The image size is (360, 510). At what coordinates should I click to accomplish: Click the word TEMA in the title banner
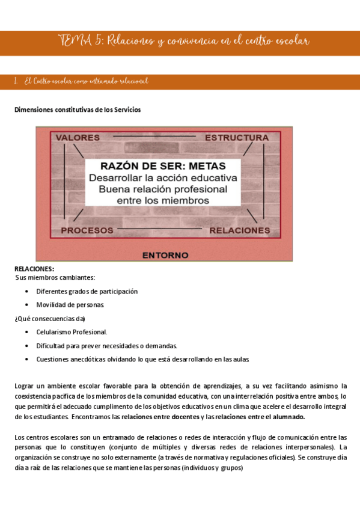pos(72,41)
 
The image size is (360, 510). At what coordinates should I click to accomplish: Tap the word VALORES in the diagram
pos(78,138)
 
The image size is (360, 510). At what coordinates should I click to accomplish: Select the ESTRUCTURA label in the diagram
pos(236,138)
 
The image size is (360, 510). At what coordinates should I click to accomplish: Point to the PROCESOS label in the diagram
pos(87,230)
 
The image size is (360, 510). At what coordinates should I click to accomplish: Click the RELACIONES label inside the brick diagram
pos(239,230)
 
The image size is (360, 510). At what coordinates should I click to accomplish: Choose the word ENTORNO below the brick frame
pos(165,255)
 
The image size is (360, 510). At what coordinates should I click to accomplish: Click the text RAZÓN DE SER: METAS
pos(163,165)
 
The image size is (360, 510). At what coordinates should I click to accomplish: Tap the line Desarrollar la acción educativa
pos(163,178)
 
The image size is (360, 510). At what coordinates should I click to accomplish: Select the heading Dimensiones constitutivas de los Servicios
pos(78,110)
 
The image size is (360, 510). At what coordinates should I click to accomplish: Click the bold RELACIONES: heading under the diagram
pos(34,269)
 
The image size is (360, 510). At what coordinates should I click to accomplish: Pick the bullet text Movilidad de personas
pos(70,305)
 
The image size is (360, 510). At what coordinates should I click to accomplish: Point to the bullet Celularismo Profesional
pos(72,332)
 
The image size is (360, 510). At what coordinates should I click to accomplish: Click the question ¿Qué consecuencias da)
pos(50,319)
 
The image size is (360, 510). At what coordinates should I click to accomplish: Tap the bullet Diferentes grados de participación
pos(87,291)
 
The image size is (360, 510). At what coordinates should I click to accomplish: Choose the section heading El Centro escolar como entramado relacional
pos(86,81)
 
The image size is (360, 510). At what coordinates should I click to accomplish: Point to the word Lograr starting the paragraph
pos(25,386)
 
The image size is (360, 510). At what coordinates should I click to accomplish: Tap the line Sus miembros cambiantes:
pos(55,277)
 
